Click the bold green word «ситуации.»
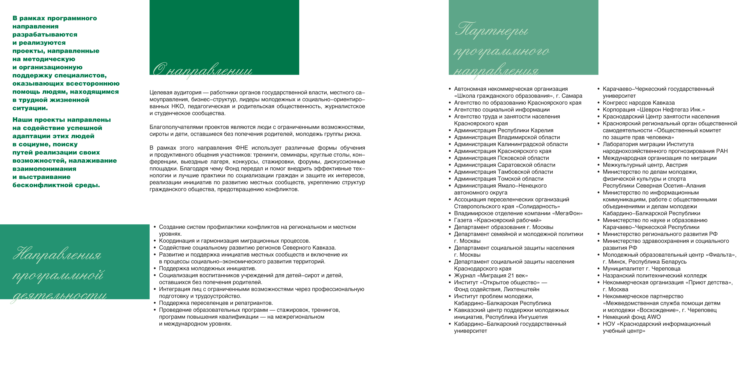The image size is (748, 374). pos(30,108)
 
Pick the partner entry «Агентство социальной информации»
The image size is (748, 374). pos(502,110)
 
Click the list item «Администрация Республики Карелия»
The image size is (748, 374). pos(504,130)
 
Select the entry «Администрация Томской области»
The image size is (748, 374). pos(499,179)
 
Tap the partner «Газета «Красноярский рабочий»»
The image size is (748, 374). pos(497,220)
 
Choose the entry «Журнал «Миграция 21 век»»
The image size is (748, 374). pos(491,276)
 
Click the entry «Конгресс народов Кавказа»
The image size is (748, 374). pos(638,103)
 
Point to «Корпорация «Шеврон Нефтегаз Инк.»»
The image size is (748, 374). pos(654,110)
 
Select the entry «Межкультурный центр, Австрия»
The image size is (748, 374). pos(645,165)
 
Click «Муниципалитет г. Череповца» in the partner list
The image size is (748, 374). pos(641,269)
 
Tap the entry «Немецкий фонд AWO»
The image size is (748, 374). pos(631,317)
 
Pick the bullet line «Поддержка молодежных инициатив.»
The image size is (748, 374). pos(207,269)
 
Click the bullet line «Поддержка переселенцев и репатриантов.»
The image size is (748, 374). pos(216,303)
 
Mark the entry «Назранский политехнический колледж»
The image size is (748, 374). pos(655,276)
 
